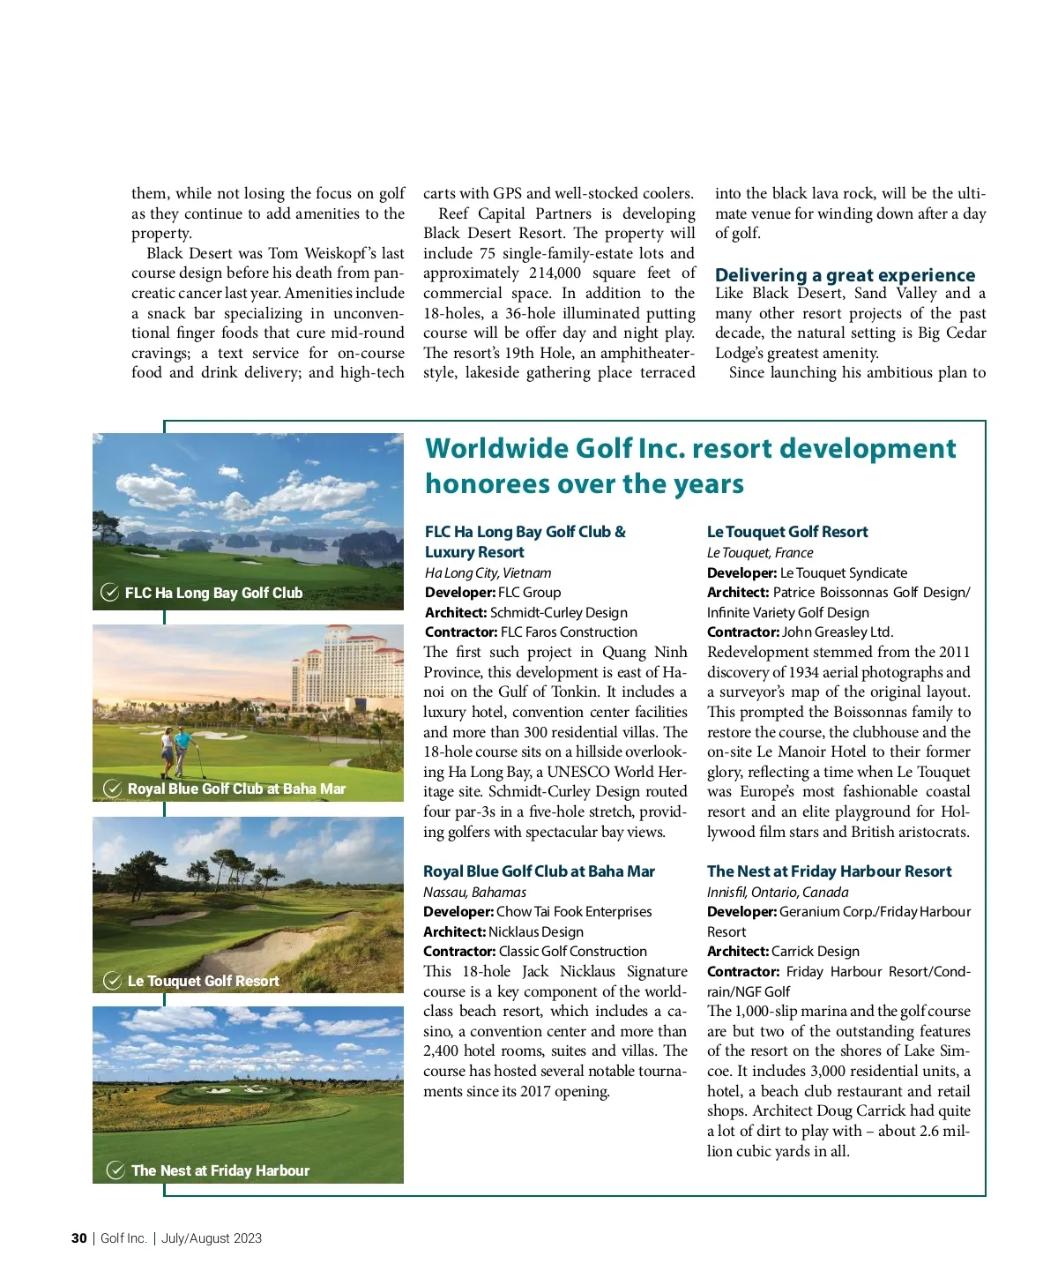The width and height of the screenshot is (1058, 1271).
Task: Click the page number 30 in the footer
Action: click(x=78, y=1238)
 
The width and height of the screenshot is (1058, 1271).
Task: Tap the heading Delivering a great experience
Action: click(x=845, y=275)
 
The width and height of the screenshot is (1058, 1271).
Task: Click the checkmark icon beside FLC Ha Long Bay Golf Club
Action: click(x=110, y=593)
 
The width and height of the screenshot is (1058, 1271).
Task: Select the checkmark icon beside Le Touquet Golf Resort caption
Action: click(x=113, y=981)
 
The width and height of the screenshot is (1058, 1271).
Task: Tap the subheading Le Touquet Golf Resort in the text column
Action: click(x=787, y=532)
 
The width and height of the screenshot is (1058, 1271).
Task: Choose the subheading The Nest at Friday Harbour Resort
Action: click(x=829, y=871)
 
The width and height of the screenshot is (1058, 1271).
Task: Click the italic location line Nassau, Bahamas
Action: click(x=474, y=892)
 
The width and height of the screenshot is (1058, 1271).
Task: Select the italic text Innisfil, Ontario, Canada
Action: click(x=778, y=892)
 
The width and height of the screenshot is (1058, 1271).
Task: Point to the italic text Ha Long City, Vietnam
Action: click(x=488, y=572)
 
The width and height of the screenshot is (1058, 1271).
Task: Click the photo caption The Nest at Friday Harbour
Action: click(x=220, y=1170)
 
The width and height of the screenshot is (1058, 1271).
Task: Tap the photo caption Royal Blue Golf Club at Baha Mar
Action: click(x=236, y=789)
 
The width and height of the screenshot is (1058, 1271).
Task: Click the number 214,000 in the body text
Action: click(x=555, y=273)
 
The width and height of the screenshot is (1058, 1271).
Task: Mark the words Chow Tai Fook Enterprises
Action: click(x=574, y=912)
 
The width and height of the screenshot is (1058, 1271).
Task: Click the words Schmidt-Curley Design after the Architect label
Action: click(x=559, y=612)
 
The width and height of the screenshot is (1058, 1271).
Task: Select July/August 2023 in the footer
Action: click(x=212, y=1238)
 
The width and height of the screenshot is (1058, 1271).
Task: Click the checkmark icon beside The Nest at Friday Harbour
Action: click(x=115, y=1170)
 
